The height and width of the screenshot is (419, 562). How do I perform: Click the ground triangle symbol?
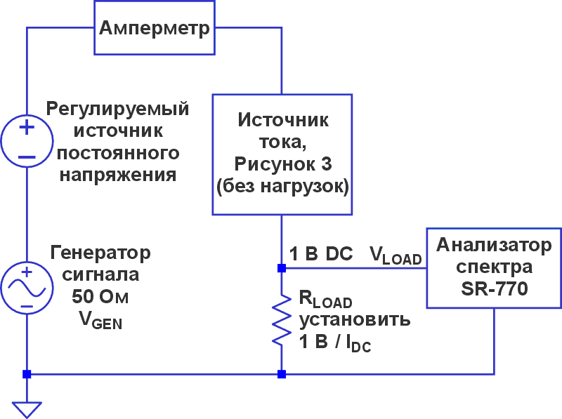(27, 408)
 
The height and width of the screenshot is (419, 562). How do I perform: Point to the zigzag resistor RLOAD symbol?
(282, 319)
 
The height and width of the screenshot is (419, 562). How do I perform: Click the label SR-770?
(493, 288)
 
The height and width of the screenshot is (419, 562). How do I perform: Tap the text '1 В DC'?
(321, 255)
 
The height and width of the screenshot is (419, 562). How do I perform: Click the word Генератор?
(100, 253)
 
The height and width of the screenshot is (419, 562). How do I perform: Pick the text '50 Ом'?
(100, 296)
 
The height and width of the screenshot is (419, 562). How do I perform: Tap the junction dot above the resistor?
(282, 268)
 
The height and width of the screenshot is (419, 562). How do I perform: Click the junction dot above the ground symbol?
(27, 374)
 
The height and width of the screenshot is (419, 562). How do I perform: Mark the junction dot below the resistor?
(282, 374)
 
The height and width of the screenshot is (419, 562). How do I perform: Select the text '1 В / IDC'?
(334, 342)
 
